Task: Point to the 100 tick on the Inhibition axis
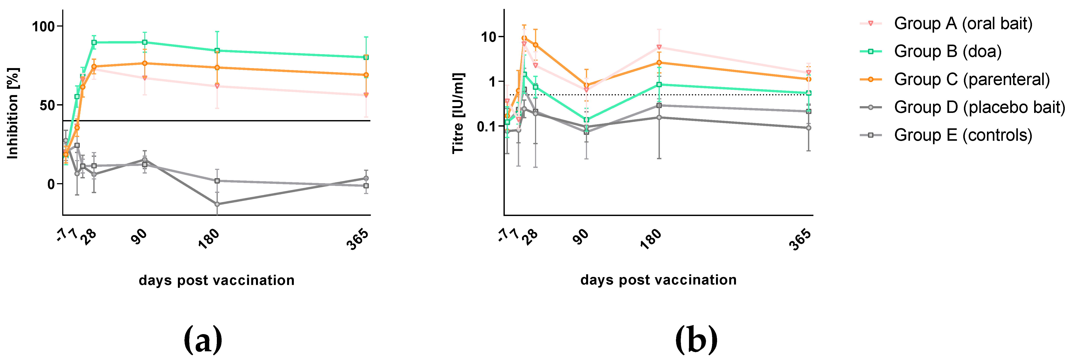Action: (44, 26)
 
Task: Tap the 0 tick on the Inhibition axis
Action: (51, 184)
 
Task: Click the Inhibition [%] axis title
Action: (13, 113)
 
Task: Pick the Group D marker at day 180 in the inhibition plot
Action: (217, 204)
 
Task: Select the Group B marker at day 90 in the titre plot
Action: (586, 120)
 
